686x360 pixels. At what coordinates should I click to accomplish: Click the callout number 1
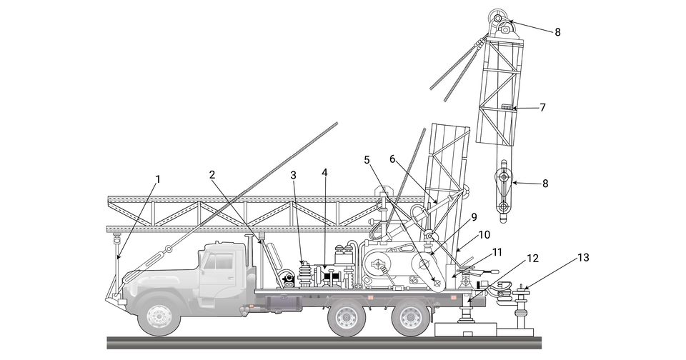[x=158, y=179]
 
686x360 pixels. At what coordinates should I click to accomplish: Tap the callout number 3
[x=293, y=176]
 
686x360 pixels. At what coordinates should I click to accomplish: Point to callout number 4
[x=324, y=172]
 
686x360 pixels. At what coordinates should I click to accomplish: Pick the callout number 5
[x=367, y=160]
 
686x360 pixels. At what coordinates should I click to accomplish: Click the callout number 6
[x=392, y=159]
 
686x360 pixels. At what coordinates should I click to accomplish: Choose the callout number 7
[x=542, y=108]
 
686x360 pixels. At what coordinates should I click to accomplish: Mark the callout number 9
[x=474, y=217]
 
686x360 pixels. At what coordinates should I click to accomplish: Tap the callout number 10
[x=484, y=235]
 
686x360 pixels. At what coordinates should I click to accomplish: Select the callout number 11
[x=497, y=252]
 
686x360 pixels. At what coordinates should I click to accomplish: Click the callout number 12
[x=532, y=259]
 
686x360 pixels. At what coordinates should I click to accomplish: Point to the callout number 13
[x=583, y=258]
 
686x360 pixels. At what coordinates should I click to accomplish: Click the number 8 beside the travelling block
[x=545, y=184]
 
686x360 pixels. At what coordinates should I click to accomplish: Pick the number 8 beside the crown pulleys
[x=557, y=32]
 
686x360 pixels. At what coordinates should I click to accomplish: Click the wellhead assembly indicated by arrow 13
[x=521, y=309]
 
